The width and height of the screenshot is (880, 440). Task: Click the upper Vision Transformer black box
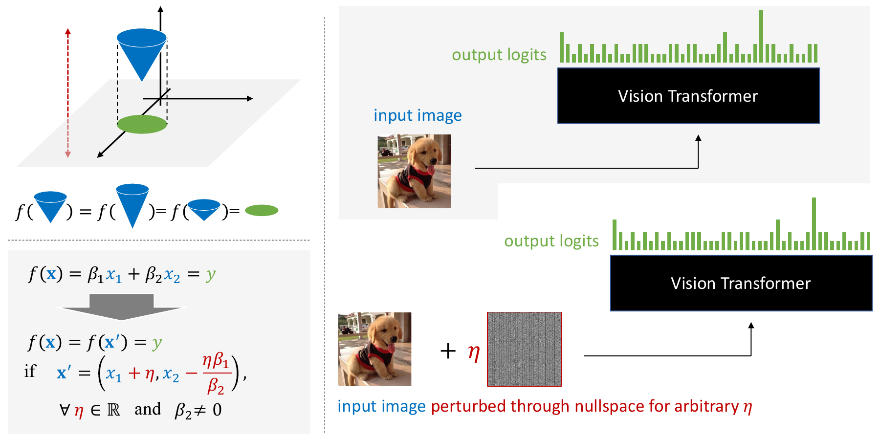tap(688, 96)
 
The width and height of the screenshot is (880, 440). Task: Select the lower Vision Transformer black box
tap(741, 283)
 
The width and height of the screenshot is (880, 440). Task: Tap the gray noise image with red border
tap(524, 349)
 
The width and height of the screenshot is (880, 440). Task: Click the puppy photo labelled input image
tap(414, 171)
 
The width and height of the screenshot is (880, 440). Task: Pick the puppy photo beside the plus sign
tap(374, 349)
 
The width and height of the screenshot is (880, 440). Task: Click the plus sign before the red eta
tap(448, 351)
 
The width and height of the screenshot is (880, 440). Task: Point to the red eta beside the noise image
tap(473, 352)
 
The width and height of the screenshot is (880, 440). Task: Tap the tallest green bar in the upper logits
tap(761, 37)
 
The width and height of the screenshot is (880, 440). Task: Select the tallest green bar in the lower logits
tap(814, 224)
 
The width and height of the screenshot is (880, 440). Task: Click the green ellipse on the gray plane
tap(142, 124)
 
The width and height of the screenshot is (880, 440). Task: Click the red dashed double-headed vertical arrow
tap(68, 93)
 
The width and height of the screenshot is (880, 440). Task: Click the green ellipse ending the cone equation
tap(262, 211)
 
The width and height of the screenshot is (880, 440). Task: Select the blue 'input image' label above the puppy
tap(418, 115)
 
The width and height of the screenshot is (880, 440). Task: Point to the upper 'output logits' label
tap(499, 55)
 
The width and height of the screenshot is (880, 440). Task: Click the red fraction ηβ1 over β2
tap(216, 374)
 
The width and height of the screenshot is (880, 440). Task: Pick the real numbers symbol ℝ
tap(113, 410)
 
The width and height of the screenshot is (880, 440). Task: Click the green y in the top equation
tap(211, 275)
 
